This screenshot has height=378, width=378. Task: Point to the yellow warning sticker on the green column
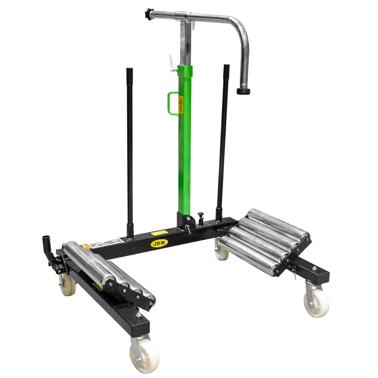tap(181, 105)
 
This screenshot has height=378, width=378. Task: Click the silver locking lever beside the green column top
tap(172, 64)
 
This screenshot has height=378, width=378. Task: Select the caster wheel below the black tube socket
tap(68, 284)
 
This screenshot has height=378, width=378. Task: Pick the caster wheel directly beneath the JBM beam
tap(222, 253)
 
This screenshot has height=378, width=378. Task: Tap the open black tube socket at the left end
tap(46, 240)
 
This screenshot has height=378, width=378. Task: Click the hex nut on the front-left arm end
tap(139, 315)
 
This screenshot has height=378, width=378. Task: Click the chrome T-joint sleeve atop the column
tap(183, 17)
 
